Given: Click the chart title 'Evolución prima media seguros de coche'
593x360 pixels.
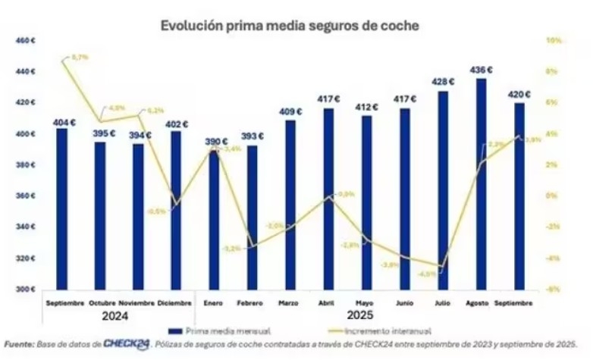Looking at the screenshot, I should coord(290,26).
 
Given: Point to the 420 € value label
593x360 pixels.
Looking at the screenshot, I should coord(519,95).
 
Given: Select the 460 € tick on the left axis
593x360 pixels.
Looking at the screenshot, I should coord(27,40).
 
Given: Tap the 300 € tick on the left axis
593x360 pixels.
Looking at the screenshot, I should coord(27,290).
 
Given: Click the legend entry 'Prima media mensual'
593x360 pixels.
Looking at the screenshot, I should coord(224,331).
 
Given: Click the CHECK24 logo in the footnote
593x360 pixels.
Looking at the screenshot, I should coord(127,345).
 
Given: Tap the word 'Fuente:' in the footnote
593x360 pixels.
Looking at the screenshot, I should coord(19,345).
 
